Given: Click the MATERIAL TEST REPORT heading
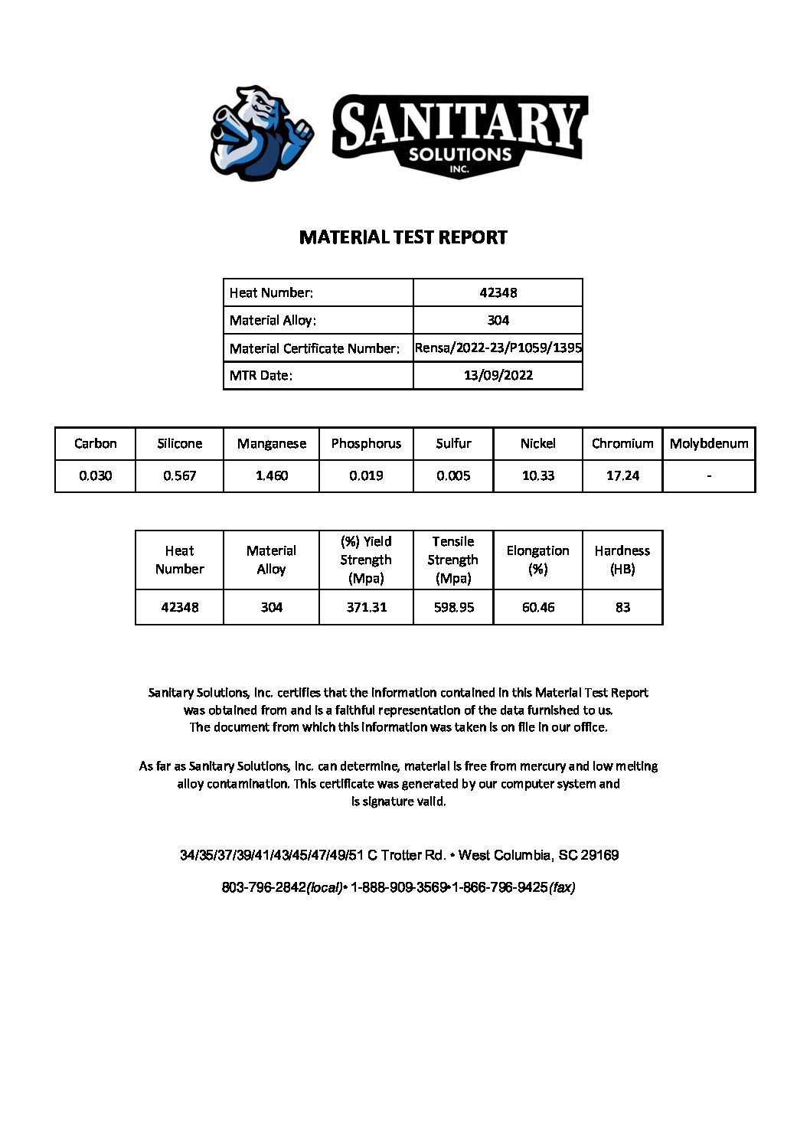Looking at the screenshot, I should (403, 237).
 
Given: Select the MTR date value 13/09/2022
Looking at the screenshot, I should (498, 375).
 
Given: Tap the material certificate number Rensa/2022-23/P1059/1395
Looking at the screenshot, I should (498, 348).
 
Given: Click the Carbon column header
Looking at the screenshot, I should (96, 443).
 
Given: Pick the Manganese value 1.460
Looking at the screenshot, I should (271, 475).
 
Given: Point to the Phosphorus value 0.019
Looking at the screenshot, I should (366, 475).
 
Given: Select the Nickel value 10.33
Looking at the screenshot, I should (537, 475).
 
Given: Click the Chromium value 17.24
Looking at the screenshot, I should (622, 475).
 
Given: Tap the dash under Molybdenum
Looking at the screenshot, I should (709, 475).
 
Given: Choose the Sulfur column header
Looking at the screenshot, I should (453, 443).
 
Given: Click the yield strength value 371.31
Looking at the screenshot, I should (366, 607).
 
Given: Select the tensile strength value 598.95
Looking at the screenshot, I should (453, 607).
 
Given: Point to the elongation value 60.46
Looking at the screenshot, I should (537, 607).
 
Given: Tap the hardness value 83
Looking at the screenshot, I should (622, 607).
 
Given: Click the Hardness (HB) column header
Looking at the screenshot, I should (622, 560).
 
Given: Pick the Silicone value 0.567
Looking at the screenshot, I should (179, 475).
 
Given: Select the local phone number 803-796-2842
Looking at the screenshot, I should (263, 887).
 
